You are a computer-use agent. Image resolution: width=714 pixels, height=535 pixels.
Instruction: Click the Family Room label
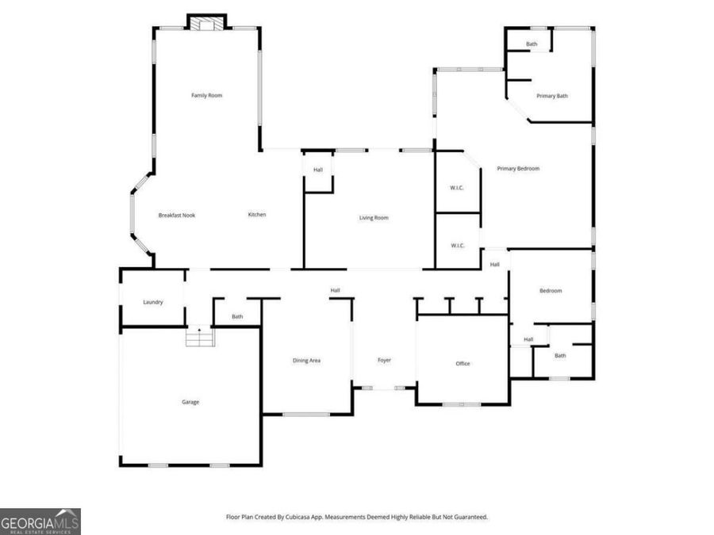point(206,96)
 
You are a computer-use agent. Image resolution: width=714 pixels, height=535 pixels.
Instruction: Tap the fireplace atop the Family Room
point(206,23)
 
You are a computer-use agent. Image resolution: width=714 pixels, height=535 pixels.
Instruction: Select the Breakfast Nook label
point(176,216)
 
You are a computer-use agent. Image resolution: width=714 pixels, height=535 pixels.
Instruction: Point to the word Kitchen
point(256,215)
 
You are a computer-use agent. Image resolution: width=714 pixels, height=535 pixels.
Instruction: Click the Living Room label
point(374,218)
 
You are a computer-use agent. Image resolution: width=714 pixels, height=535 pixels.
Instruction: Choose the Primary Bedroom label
point(518,169)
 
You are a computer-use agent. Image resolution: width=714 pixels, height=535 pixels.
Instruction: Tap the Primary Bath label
point(552,96)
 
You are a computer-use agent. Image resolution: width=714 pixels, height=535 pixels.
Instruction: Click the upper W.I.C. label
point(457,188)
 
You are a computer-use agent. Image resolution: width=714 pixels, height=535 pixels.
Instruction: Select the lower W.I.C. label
point(457,246)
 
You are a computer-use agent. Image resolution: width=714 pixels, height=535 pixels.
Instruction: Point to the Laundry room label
point(153,302)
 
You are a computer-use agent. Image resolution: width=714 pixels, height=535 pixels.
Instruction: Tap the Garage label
point(190,402)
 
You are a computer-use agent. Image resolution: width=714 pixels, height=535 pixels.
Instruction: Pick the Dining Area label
point(306,361)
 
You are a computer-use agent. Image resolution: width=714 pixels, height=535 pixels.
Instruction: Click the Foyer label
point(384,361)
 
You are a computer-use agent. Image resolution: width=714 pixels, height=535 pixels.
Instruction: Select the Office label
point(463,364)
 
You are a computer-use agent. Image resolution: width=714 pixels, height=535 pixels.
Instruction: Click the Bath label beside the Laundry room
point(237,317)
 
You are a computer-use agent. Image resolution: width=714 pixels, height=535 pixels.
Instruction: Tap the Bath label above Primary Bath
point(532,44)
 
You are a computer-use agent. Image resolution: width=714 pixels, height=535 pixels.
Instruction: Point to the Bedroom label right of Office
point(551,291)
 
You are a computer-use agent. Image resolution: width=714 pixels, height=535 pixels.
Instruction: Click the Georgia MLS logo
point(40,522)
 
